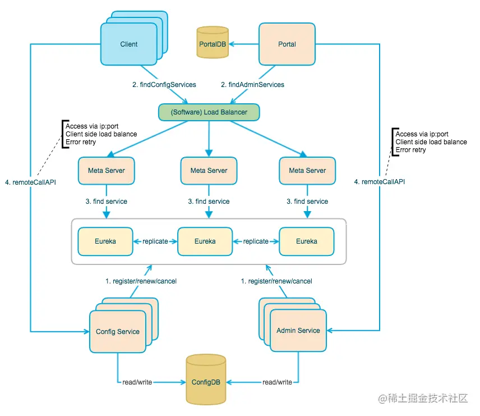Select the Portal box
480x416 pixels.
coord(287,44)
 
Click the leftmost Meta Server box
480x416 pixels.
coord(107,170)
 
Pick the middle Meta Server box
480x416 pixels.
coord(209,170)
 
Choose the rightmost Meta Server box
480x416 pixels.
coord(307,170)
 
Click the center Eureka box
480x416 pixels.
coord(205,241)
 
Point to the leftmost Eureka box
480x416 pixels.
coord(105,241)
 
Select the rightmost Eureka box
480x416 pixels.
coord(307,241)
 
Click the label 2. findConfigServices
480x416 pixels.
coord(164,85)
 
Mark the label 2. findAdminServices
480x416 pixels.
coord(252,85)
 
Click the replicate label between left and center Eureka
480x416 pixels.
coord(155,241)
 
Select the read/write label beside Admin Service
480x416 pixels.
coord(277,382)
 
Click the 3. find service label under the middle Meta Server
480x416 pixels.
coord(209,201)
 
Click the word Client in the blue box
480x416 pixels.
coord(129,44)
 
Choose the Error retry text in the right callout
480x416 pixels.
coord(411,150)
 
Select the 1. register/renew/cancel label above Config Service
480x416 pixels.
coord(141,281)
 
